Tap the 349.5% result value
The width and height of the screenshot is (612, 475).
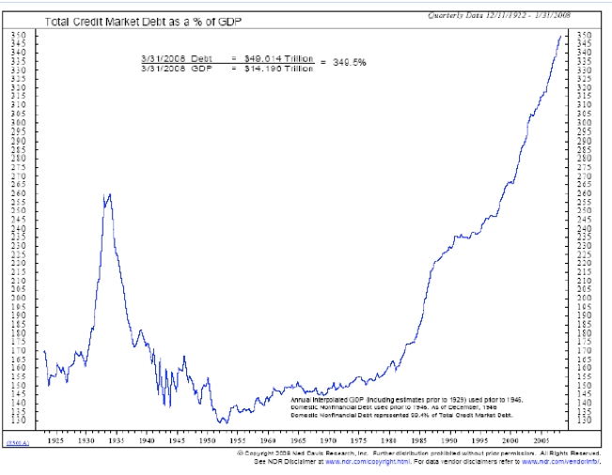[x=347, y=63]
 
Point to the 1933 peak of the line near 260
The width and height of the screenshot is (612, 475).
[x=109, y=194]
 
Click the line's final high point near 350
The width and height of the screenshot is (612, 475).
[x=562, y=36]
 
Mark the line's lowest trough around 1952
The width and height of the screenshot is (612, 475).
[x=223, y=422]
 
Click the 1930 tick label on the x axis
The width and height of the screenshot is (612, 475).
[x=85, y=439]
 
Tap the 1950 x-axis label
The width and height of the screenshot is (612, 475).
[x=208, y=439]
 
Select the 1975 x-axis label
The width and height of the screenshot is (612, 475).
[x=360, y=439]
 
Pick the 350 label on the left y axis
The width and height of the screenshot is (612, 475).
[x=18, y=36]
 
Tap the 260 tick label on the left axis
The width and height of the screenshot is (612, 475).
[x=18, y=192]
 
